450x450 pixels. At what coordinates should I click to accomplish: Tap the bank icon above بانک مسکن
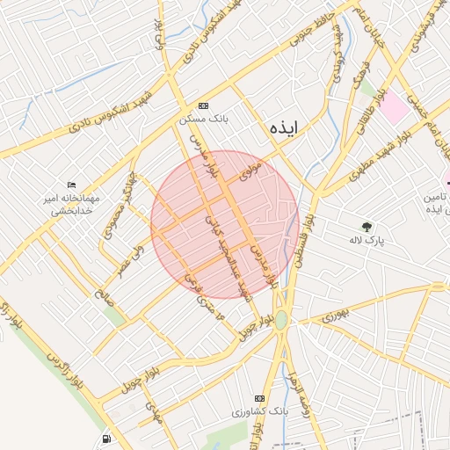point(204,103)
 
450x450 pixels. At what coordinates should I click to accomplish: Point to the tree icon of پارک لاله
point(367,225)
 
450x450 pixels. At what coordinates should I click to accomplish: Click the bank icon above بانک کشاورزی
point(259,397)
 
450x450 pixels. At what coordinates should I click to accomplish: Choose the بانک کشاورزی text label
point(260,411)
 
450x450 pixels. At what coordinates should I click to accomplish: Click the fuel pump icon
point(106,438)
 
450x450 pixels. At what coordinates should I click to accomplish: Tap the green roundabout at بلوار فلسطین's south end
point(281,321)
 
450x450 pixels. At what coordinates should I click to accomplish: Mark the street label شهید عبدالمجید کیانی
point(229,255)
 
